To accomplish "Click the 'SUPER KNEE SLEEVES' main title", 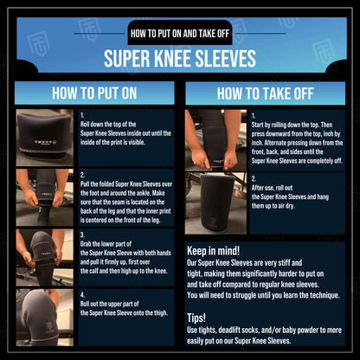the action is pyautogui.click(x=180, y=59).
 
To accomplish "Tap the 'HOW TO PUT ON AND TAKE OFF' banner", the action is pyautogui.click(x=180, y=34).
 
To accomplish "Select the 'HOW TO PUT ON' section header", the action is pyautogui.click(x=94, y=93).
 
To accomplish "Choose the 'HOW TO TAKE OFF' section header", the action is pyautogui.click(x=265, y=93).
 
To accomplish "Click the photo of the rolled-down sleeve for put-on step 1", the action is pyautogui.click(x=45, y=138).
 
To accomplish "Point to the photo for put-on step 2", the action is pyautogui.click(x=45, y=197).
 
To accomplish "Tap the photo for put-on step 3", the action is pyautogui.click(x=45, y=257).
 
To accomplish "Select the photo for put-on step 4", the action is pyautogui.click(x=45, y=318).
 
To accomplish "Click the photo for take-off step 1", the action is pyautogui.click(x=215, y=140).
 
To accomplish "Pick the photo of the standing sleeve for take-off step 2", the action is pyautogui.click(x=215, y=203).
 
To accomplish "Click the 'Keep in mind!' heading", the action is pyautogui.click(x=213, y=251).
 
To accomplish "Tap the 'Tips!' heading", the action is pyautogui.click(x=196, y=318).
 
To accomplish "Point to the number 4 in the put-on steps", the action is pyautogui.click(x=82, y=295).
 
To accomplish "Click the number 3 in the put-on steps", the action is pyautogui.click(x=82, y=235).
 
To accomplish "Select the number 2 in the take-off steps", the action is pyautogui.click(x=254, y=179).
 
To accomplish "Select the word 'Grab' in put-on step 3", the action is pyautogui.click(x=86, y=244).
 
